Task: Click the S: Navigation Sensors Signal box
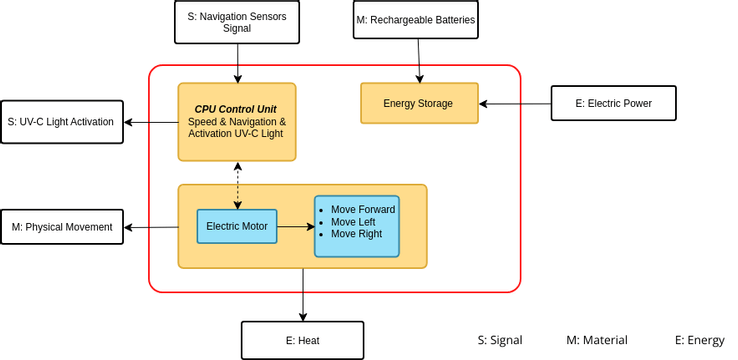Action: coord(237,22)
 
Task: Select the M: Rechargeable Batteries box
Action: coord(415,20)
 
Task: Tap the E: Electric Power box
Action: coord(613,103)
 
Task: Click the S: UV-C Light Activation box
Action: coord(61,122)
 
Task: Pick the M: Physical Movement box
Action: coord(62,227)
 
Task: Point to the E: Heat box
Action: coord(302,340)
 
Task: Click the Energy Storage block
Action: coord(418,103)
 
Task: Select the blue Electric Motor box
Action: coord(237,226)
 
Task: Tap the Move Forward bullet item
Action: coord(362,210)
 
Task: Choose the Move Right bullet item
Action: coord(356,234)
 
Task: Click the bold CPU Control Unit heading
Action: coord(236,108)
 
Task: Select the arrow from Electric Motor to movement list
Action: coord(295,227)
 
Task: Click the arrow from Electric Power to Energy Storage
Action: coord(515,103)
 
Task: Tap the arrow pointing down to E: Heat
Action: coord(302,295)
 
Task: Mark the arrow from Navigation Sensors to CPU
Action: coord(237,63)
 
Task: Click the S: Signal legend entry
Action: coord(500,340)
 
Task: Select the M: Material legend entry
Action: coord(597,340)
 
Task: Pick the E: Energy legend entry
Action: coord(699,340)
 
